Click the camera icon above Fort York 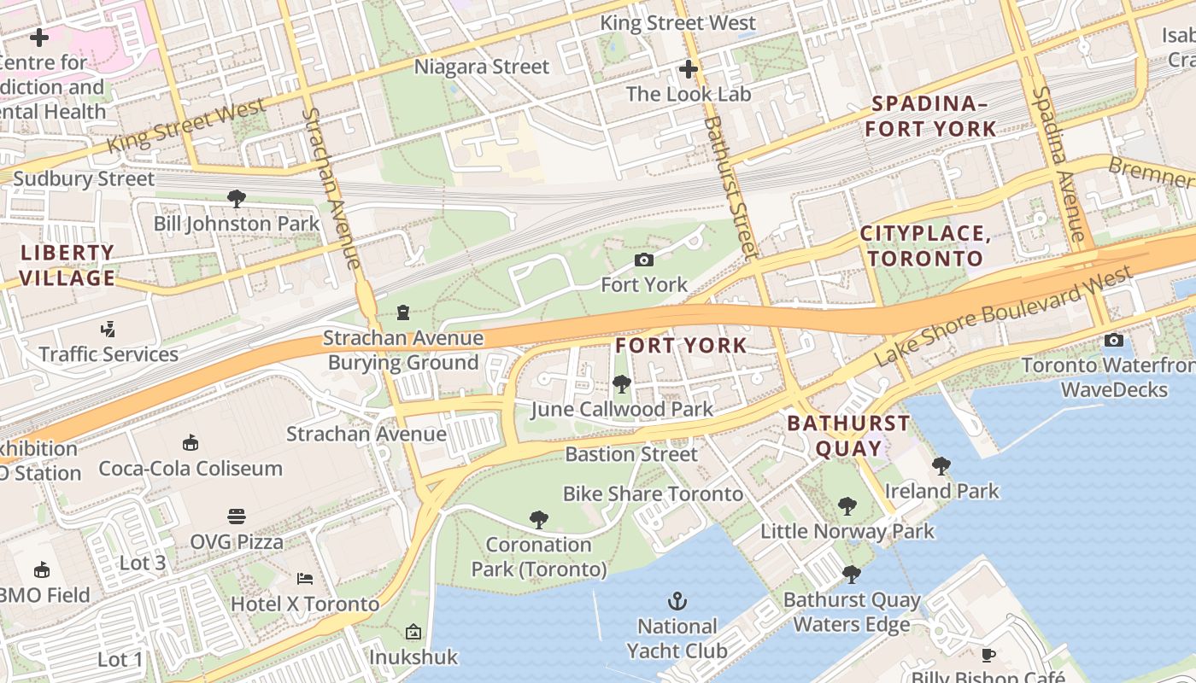click(x=644, y=260)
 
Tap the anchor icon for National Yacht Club click(x=677, y=602)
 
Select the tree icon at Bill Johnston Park click(x=237, y=199)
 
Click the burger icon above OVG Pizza click(x=237, y=517)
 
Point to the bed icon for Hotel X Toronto click(x=305, y=579)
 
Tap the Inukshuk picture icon click(x=413, y=633)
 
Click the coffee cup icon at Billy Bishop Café click(x=988, y=655)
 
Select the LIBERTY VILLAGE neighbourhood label click(x=67, y=266)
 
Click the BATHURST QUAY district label click(x=848, y=435)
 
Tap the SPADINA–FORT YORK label click(x=930, y=117)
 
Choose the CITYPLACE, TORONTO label click(x=926, y=246)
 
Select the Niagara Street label click(x=482, y=67)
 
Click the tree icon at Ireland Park click(x=941, y=466)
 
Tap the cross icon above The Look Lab click(x=689, y=69)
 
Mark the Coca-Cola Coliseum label click(x=191, y=468)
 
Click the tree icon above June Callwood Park click(x=622, y=384)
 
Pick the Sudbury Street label click(x=84, y=179)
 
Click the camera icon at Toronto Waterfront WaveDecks click(x=1114, y=341)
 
